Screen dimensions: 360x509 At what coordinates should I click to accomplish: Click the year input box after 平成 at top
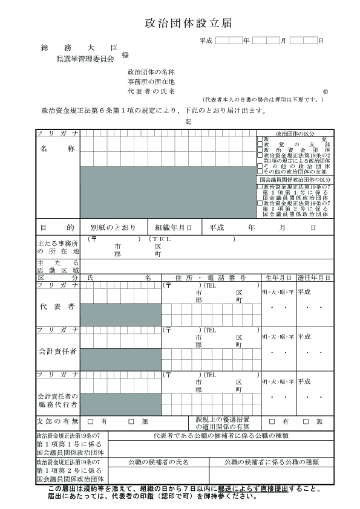click(x=228, y=41)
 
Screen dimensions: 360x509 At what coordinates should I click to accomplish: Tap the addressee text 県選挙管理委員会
click(x=85, y=59)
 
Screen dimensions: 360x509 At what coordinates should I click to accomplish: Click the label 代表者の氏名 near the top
click(x=151, y=91)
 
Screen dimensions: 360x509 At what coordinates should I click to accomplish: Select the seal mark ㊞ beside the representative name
click(x=326, y=91)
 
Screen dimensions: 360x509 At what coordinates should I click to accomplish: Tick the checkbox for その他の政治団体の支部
click(x=260, y=172)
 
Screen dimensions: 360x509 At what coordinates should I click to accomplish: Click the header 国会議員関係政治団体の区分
click(x=295, y=180)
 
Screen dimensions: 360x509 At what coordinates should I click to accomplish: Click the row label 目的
click(x=57, y=228)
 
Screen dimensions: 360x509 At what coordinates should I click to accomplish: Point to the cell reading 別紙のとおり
click(x=113, y=228)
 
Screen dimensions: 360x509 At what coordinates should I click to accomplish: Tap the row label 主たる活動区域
click(x=57, y=267)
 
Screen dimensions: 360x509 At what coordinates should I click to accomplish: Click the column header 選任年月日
click(x=314, y=277)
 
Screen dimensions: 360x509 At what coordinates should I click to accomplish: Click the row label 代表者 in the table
click(x=57, y=306)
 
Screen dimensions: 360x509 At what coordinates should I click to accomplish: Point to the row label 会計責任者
click(x=57, y=351)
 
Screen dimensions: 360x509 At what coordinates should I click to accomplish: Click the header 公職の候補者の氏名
click(x=159, y=462)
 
